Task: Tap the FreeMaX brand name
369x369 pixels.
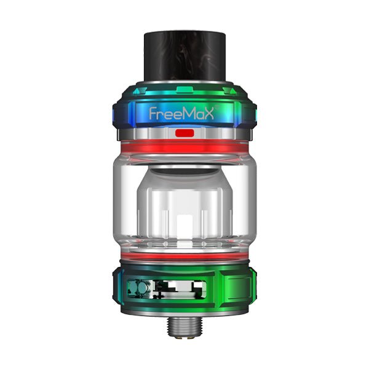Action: [184, 113]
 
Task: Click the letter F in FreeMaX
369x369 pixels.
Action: [154, 113]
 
